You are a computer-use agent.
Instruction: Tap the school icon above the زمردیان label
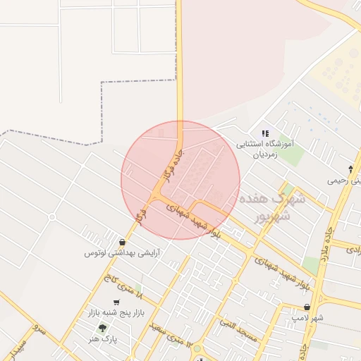click(265, 133)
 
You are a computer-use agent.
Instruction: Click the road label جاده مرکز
click(166, 164)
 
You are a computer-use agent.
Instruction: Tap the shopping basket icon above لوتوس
click(123, 242)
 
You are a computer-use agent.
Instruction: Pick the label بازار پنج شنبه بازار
click(115, 310)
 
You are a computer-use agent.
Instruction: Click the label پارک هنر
click(102, 339)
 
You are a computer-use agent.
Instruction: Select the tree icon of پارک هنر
click(103, 328)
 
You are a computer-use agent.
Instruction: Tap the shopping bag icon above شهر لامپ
click(307, 307)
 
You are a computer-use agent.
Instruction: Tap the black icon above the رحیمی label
click(351, 169)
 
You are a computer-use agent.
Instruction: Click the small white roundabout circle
click(197, 349)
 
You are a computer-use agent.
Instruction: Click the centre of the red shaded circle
click(180, 180)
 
